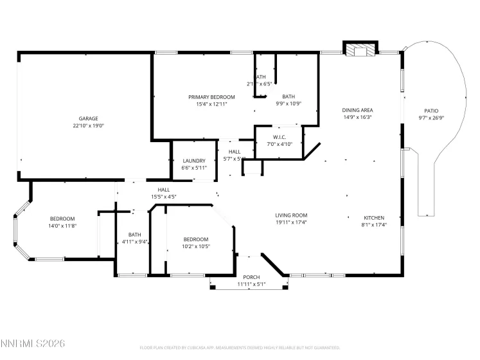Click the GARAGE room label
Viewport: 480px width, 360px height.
(x=88, y=118)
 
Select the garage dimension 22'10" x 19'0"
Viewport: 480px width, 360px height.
(x=88, y=126)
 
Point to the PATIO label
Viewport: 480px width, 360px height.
(x=431, y=110)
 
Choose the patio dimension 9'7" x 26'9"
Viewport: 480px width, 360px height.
(x=431, y=118)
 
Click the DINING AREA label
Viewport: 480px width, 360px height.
(x=357, y=110)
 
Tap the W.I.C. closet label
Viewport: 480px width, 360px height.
(x=280, y=137)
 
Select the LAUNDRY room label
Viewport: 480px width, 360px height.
(x=193, y=161)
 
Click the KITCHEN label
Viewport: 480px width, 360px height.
(x=373, y=217)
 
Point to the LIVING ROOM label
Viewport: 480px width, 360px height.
(x=292, y=215)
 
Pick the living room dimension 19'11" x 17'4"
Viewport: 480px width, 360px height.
(x=292, y=223)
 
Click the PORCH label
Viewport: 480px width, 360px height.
(x=251, y=276)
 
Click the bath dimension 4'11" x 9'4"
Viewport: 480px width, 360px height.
(x=134, y=242)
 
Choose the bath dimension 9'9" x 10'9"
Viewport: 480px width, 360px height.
(x=289, y=104)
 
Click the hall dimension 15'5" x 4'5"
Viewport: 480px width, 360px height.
(x=163, y=197)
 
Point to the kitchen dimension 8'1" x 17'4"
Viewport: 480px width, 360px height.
(x=373, y=224)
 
